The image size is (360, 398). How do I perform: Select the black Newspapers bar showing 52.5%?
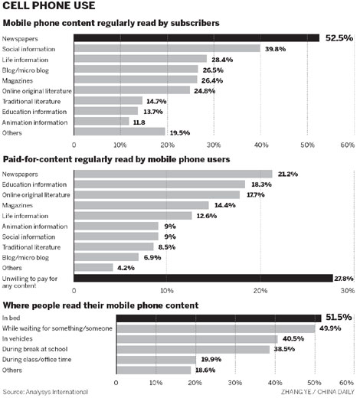(196, 37)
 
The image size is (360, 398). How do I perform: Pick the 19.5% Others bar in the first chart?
(119, 132)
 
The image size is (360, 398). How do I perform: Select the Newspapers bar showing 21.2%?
(173, 174)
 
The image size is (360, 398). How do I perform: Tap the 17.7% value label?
(254, 194)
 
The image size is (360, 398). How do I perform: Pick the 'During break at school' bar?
(192, 348)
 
